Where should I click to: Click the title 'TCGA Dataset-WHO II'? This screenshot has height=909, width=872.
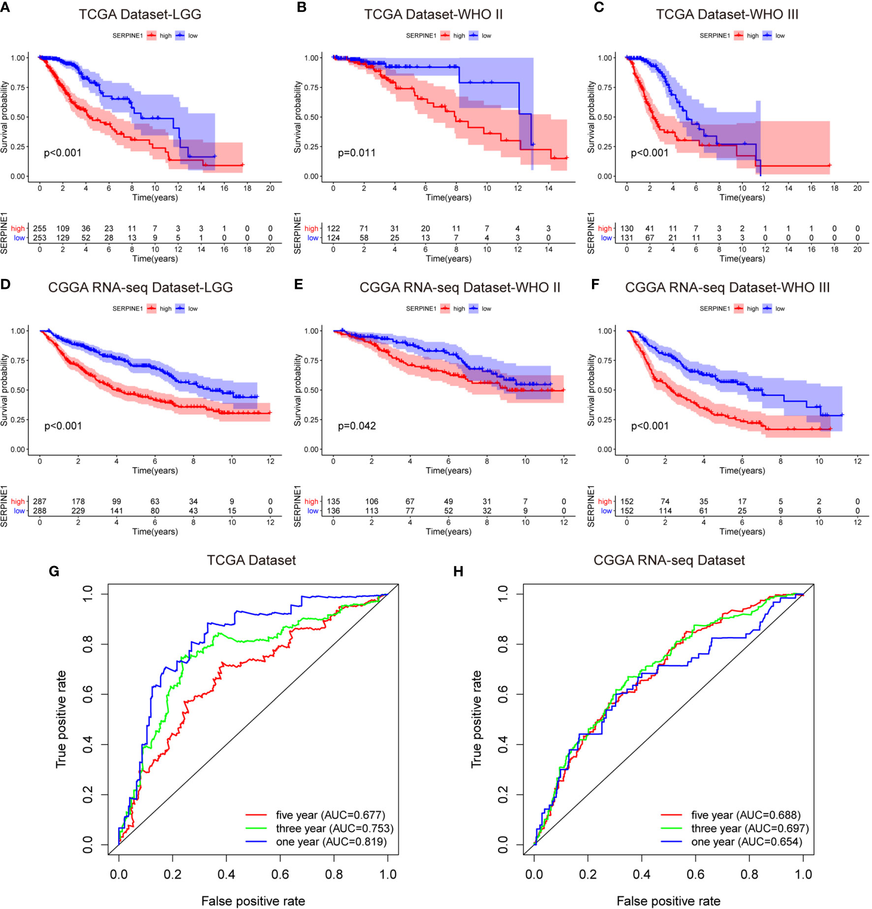click(x=433, y=15)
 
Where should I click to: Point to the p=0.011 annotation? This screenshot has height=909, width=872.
click(x=356, y=153)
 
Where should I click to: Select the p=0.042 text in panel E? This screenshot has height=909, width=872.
click(x=356, y=426)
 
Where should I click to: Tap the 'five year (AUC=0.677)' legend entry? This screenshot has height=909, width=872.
click(x=330, y=815)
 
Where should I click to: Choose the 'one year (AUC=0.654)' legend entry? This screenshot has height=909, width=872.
click(x=746, y=842)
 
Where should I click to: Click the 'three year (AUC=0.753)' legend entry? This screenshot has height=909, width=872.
click(x=334, y=829)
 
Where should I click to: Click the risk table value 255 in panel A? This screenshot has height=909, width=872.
click(x=40, y=229)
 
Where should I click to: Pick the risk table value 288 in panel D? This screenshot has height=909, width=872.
click(x=40, y=511)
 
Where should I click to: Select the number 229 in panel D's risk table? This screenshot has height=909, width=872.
click(x=78, y=511)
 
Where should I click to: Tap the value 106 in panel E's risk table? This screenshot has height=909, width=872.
click(x=372, y=502)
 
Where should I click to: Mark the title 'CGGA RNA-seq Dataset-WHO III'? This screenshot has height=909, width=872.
click(x=727, y=288)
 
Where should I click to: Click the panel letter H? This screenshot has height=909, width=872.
click(x=458, y=571)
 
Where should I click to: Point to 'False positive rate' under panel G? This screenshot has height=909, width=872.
click(x=253, y=901)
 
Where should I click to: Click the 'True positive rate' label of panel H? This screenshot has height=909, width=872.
click(x=476, y=719)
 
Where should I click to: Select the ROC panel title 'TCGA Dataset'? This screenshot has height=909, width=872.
click(x=251, y=561)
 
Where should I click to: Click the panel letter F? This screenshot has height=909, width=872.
click(x=595, y=284)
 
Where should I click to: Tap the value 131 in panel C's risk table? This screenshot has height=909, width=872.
click(x=626, y=238)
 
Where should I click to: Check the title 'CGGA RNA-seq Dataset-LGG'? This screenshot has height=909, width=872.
click(x=140, y=288)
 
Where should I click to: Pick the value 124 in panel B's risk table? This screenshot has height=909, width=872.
click(x=333, y=238)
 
